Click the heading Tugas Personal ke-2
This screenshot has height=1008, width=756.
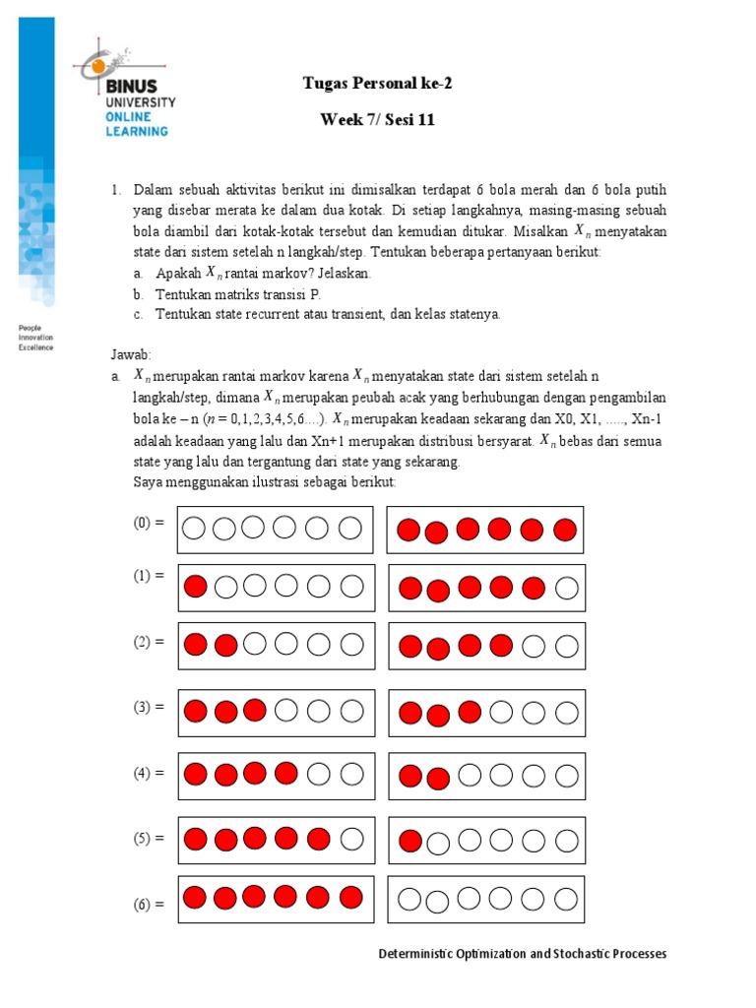point(377,84)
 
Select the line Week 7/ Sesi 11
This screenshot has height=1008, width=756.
point(377,120)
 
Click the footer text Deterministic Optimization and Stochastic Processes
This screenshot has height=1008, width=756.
point(523,954)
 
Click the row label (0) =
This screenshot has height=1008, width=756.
point(149,525)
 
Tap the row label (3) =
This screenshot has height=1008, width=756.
point(149,707)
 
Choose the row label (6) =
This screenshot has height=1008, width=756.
point(149,903)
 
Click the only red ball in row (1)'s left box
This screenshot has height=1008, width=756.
point(195,587)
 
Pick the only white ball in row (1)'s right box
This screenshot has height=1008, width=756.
point(565,589)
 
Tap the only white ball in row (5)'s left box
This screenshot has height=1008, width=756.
point(350,840)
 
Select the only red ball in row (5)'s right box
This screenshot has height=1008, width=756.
point(409,841)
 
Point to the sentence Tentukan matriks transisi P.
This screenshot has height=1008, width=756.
point(238,294)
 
